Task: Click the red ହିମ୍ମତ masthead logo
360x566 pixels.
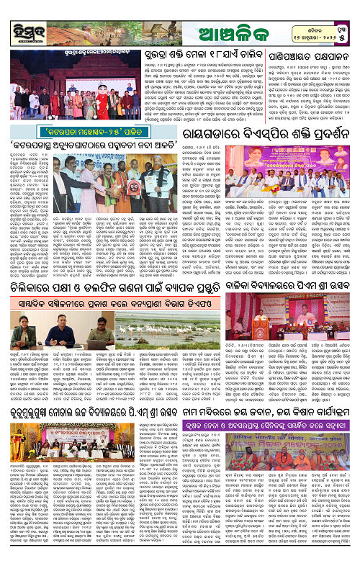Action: [x=22, y=16]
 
